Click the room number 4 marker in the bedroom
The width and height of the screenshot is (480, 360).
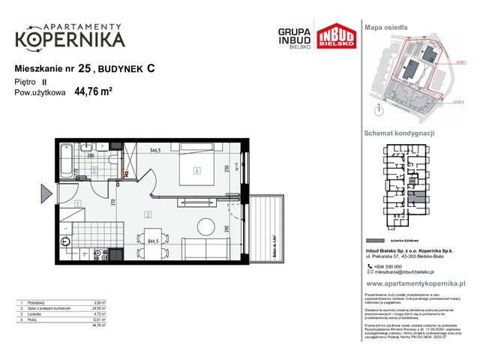click(196, 170)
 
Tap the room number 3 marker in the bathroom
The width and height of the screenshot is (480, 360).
click(94, 170)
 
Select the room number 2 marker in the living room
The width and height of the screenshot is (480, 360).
click(148, 215)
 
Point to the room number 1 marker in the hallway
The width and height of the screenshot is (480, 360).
click(78, 203)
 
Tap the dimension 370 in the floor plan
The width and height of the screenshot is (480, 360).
click(112, 201)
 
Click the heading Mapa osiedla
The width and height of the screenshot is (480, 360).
click(385, 27)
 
